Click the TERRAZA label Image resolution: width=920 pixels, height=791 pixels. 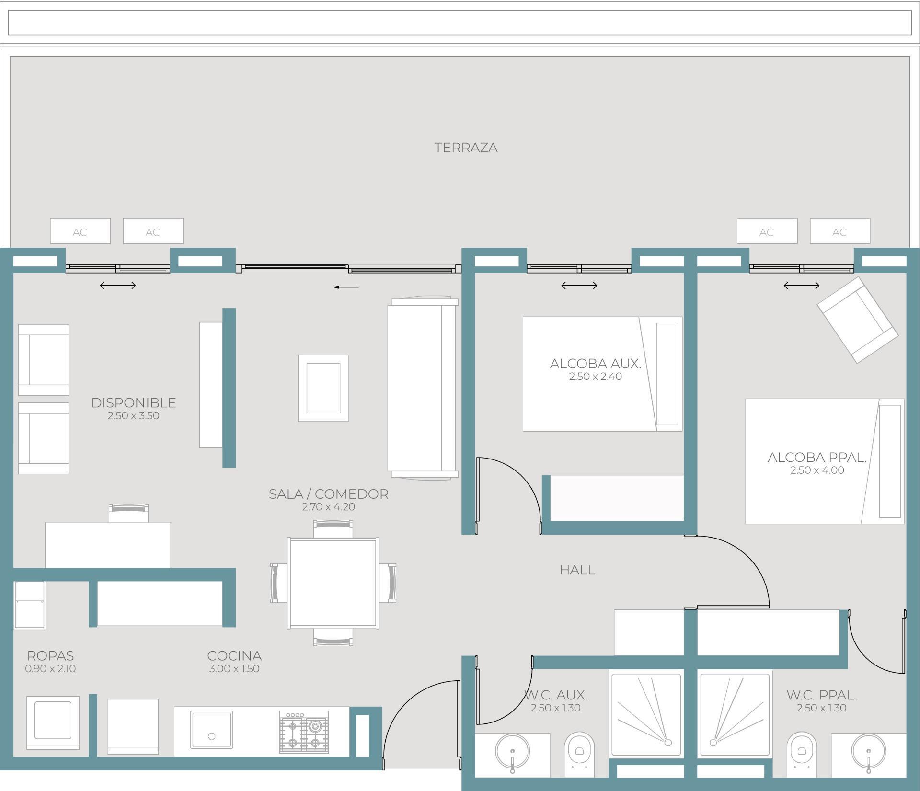466,148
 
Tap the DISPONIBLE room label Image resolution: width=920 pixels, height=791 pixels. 134,402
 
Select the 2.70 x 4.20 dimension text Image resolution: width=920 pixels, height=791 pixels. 328,507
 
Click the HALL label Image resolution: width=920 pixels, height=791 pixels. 577,570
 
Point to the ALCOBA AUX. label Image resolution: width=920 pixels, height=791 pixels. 595,364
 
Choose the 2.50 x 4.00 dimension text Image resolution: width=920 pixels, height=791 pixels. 817,470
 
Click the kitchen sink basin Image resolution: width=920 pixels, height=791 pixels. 211,729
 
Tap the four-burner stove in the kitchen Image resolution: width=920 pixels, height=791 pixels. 304,732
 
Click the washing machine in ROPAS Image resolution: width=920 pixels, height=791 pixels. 53,722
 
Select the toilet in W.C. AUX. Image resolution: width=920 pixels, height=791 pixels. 579,754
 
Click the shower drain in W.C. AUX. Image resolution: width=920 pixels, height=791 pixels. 667,743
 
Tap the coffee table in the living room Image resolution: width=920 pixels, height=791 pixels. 323,388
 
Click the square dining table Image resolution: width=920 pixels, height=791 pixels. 333,583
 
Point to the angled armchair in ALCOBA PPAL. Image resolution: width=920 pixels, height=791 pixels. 857,320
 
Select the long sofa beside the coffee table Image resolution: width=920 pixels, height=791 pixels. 423,388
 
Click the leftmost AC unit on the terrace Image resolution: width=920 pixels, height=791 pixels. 80,231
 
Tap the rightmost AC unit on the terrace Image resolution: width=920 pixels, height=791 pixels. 839,231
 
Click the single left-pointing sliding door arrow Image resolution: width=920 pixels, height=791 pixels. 346,287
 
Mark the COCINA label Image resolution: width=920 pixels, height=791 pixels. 234,655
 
